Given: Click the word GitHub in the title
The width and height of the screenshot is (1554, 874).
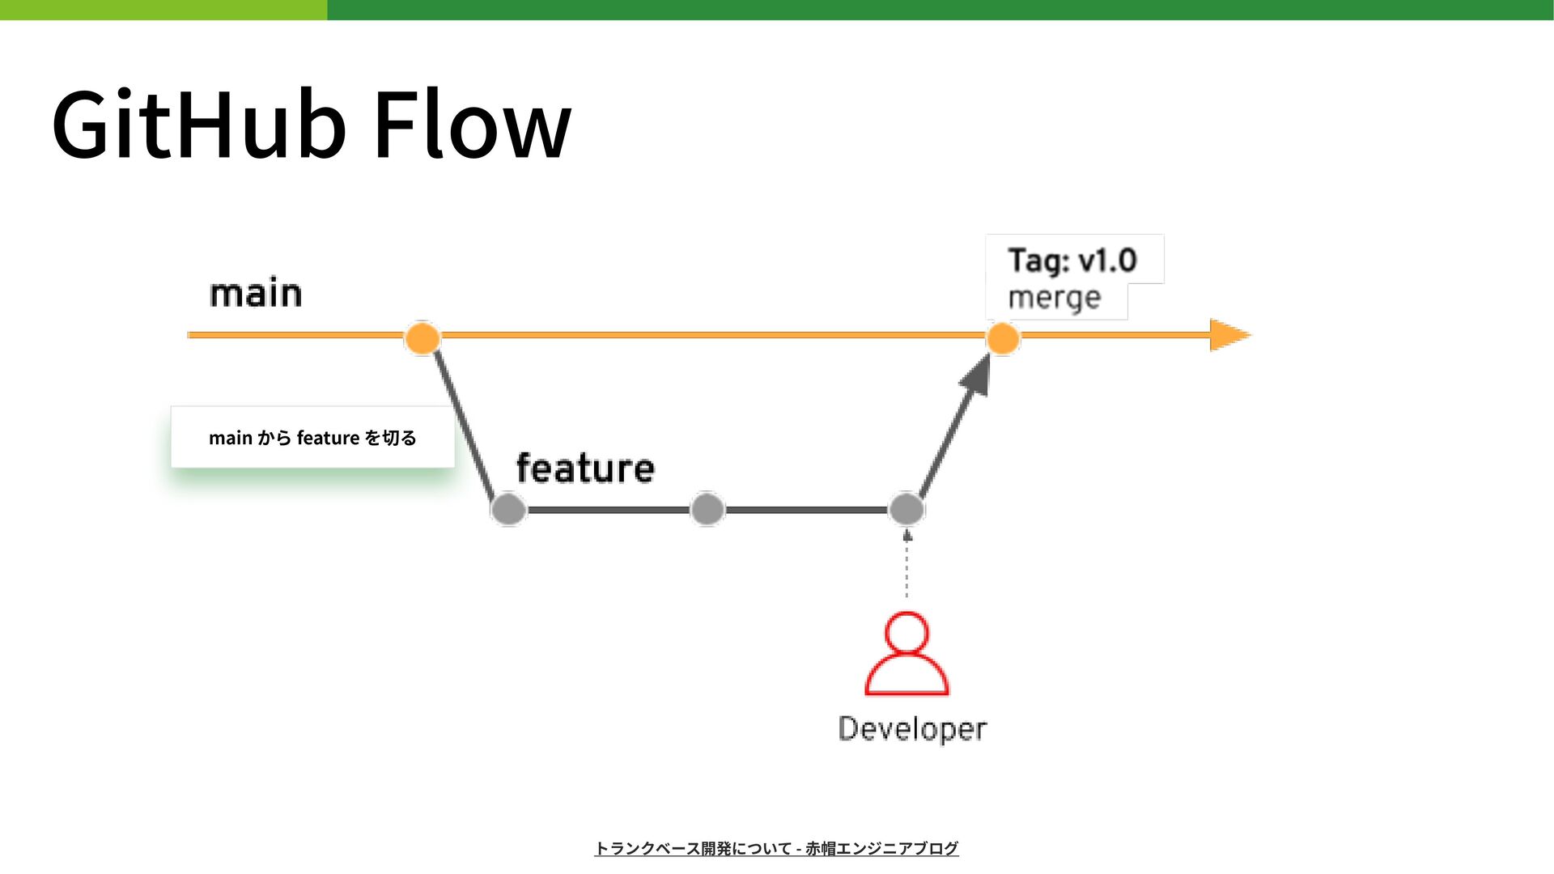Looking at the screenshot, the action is (x=199, y=124).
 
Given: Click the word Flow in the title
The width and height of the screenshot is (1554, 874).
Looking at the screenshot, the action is (x=473, y=124).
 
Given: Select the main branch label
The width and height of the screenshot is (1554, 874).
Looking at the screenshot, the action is (x=256, y=292).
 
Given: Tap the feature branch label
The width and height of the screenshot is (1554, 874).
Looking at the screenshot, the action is (x=585, y=468).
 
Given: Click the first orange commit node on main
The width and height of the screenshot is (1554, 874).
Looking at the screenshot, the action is (x=422, y=337).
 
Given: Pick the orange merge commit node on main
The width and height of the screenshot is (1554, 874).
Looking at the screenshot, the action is (x=1003, y=338).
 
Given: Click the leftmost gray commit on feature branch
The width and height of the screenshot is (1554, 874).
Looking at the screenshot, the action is (x=509, y=509).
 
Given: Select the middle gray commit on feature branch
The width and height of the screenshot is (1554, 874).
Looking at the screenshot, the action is (x=707, y=509).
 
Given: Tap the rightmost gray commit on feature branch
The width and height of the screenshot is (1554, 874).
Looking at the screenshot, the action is (x=906, y=509).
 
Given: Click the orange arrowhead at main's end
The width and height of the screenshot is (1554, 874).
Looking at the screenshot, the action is (x=1229, y=335).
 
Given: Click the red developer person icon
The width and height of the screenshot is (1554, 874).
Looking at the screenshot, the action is (x=906, y=654).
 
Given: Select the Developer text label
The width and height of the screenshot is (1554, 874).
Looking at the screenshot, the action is (x=912, y=729).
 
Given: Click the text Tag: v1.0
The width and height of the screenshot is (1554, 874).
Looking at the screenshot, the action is (x=1072, y=261).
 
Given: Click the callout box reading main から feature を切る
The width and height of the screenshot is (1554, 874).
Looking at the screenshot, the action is (x=312, y=437).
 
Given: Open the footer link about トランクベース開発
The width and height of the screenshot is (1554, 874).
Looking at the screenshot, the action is (x=776, y=848).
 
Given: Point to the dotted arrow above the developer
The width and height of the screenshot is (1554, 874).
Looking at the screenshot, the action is (x=907, y=563).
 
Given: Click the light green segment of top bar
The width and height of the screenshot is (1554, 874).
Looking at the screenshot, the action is (x=163, y=10).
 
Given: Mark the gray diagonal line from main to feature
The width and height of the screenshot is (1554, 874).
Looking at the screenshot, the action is (x=465, y=423).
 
